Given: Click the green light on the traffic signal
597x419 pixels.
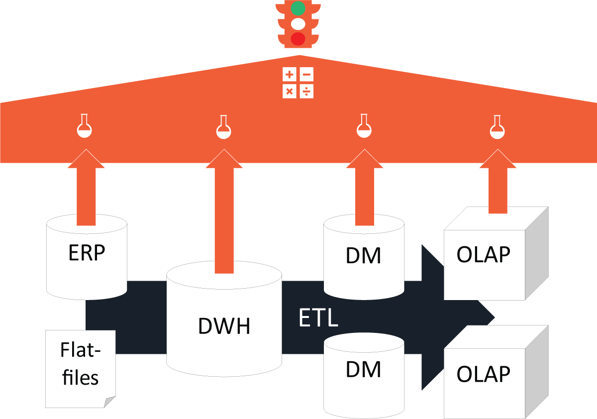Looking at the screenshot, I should pyautogui.click(x=298, y=8).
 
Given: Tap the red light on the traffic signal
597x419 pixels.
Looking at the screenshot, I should pyautogui.click(x=298, y=38).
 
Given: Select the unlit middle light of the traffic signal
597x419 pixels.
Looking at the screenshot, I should pyautogui.click(x=298, y=23).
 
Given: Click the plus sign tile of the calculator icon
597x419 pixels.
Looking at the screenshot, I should pyautogui.click(x=290, y=75).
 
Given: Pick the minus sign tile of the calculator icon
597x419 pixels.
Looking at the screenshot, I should pyautogui.click(x=307, y=75).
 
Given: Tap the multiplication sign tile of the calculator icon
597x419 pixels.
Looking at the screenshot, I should pyautogui.click(x=290, y=92).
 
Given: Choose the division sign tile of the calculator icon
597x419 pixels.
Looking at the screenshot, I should pyautogui.click(x=307, y=92).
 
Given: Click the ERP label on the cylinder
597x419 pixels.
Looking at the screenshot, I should pyautogui.click(x=87, y=253).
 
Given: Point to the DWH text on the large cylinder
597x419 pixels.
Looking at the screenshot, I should pyautogui.click(x=224, y=326).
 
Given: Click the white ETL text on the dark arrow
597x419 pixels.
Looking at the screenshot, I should pyautogui.click(x=318, y=317).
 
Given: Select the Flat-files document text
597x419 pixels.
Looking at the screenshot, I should pyautogui.click(x=80, y=364).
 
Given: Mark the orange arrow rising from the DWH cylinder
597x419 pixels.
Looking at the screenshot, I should pyautogui.click(x=224, y=214).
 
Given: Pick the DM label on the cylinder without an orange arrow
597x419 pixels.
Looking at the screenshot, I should pyautogui.click(x=364, y=370).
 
